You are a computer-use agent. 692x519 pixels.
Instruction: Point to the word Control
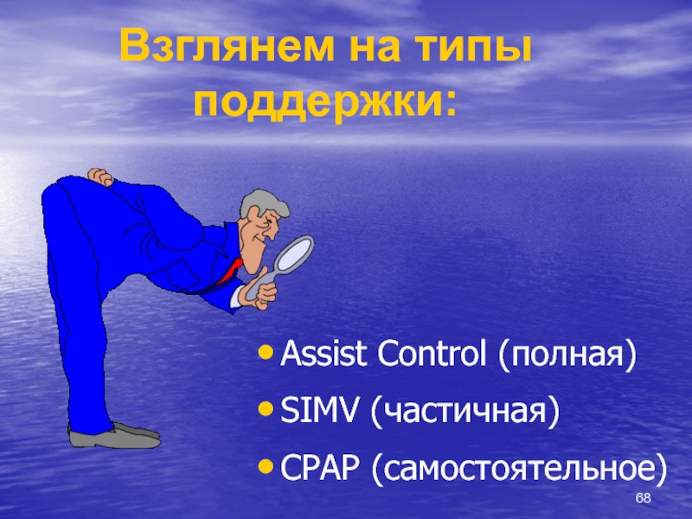pyautogui.click(x=432, y=354)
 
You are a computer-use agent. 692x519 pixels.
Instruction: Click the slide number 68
pyautogui.click(x=643, y=498)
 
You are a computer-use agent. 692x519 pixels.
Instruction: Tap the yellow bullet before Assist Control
pyautogui.click(x=266, y=353)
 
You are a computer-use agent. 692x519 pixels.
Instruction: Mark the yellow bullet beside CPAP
pyautogui.click(x=266, y=467)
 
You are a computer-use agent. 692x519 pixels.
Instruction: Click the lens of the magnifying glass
pyautogui.click(x=294, y=253)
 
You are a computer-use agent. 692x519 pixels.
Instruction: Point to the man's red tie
pyautogui.click(x=229, y=271)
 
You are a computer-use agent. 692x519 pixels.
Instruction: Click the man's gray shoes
pyautogui.click(x=114, y=436)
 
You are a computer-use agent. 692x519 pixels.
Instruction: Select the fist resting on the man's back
pyautogui.click(x=100, y=176)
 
